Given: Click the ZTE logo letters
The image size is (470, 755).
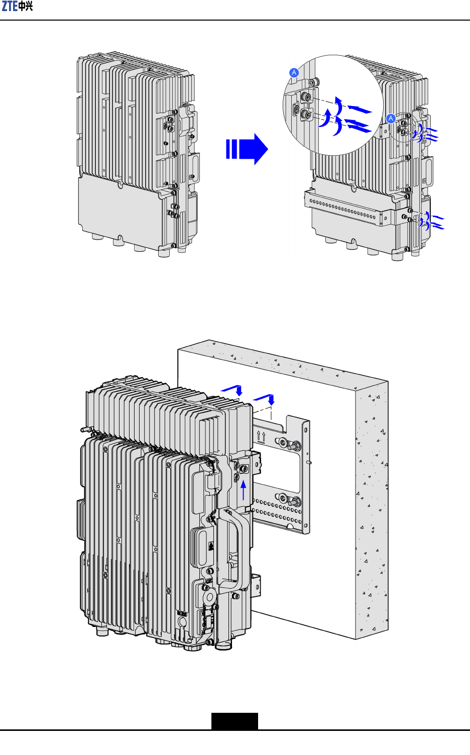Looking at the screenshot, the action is (x=10, y=6).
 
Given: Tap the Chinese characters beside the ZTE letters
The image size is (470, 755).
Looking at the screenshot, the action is (x=25, y=6).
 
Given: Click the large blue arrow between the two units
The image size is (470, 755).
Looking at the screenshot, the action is (x=247, y=149).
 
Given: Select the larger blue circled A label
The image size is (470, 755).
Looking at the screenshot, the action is (x=294, y=72).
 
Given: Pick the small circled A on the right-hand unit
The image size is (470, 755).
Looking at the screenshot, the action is (x=391, y=119).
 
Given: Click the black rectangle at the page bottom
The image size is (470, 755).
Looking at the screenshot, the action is (x=235, y=721).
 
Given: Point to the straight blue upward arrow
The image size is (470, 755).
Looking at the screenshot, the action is (x=243, y=490).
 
